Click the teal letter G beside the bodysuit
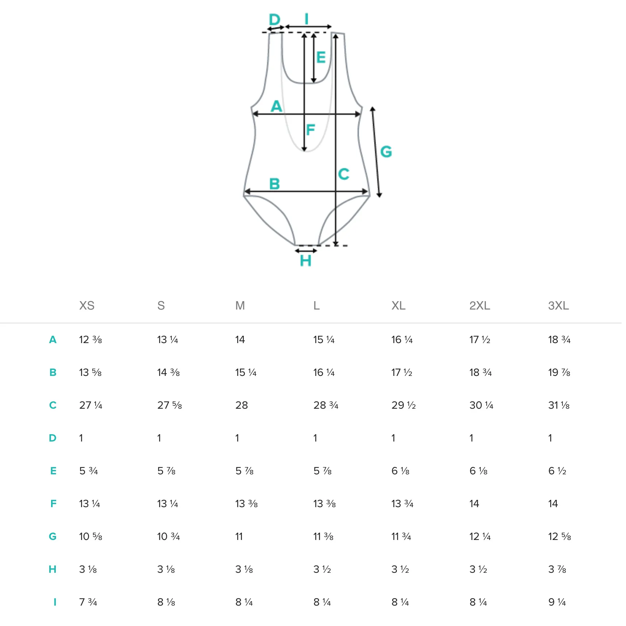point(386,151)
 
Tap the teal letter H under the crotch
point(305,261)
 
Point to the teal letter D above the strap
point(274,19)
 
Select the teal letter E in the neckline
point(321,57)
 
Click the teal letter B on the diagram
point(274,184)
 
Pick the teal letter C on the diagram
point(344,174)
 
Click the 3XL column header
point(559,306)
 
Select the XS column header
point(87,306)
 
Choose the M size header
point(240,306)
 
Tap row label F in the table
point(53,503)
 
